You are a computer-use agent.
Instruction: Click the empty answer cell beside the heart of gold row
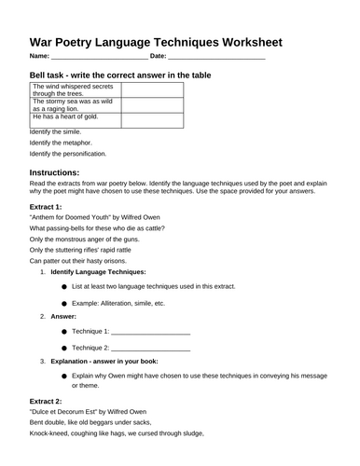(x=151, y=118)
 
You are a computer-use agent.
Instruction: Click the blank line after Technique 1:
(x=151, y=332)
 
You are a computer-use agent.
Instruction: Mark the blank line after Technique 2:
(x=151, y=348)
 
